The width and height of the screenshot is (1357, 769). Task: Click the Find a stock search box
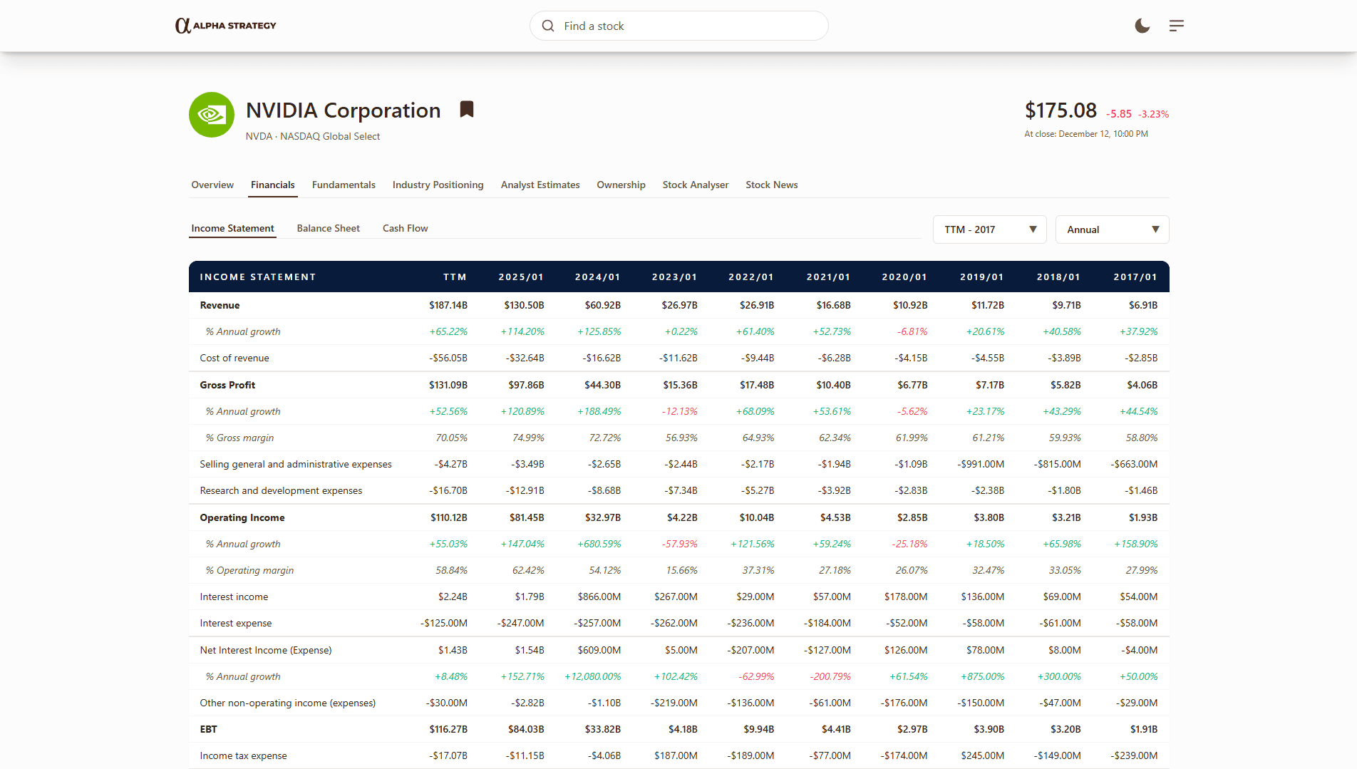pyautogui.click(x=678, y=26)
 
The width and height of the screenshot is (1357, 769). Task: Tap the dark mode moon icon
pyautogui.click(x=1142, y=26)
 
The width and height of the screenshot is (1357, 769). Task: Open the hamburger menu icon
pyautogui.click(x=1177, y=26)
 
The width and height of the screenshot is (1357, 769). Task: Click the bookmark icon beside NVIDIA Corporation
pyautogui.click(x=467, y=109)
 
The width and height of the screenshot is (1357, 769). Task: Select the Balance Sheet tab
pyautogui.click(x=328, y=228)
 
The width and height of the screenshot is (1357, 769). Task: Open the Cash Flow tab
pyautogui.click(x=405, y=228)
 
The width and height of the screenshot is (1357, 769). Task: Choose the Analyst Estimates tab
pyautogui.click(x=540, y=185)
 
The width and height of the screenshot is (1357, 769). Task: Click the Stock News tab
pyautogui.click(x=771, y=185)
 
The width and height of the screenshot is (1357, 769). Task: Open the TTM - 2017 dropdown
pyautogui.click(x=989, y=229)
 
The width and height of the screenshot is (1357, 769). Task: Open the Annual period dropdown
pyautogui.click(x=1112, y=229)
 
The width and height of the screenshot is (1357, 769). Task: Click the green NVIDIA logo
pyautogui.click(x=212, y=115)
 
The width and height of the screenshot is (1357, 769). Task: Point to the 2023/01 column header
pyautogui.click(x=674, y=277)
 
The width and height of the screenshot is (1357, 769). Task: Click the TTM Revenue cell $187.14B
pyautogui.click(x=448, y=305)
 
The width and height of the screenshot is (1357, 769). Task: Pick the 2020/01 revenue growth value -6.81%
pyautogui.click(x=912, y=331)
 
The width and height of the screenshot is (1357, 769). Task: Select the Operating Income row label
pyautogui.click(x=242, y=517)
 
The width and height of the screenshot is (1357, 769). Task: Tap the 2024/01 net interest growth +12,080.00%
pyautogui.click(x=593, y=676)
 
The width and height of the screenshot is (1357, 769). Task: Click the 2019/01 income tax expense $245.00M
pyautogui.click(x=982, y=755)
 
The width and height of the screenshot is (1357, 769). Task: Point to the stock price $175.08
pyautogui.click(x=1061, y=110)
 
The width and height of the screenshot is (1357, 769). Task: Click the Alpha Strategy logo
pyautogui.click(x=226, y=26)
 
